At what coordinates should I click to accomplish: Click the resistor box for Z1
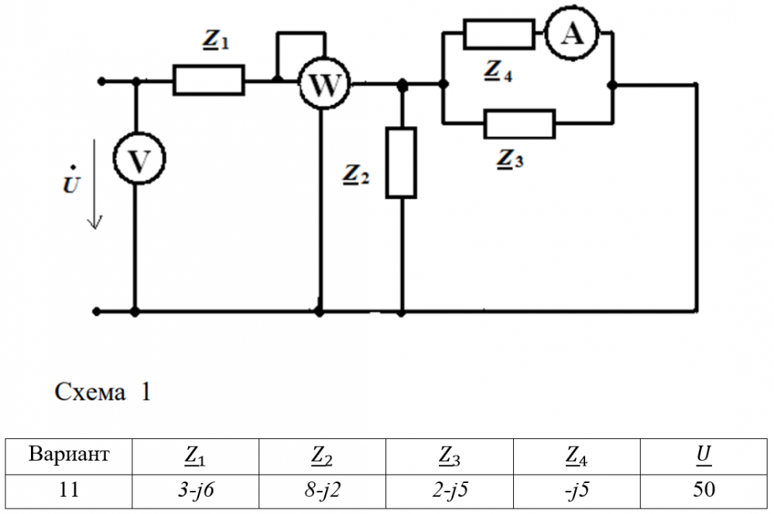(x=208, y=80)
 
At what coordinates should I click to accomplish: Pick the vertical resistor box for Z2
(x=402, y=163)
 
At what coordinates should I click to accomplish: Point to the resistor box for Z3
(x=519, y=124)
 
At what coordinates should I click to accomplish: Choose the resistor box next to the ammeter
(x=499, y=35)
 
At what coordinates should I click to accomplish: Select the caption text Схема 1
(x=103, y=392)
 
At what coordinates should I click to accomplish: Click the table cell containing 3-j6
(x=195, y=489)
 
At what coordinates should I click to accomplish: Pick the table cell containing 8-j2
(x=321, y=489)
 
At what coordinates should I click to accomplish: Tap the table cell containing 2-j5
(x=449, y=489)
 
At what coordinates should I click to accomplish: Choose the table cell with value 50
(x=703, y=489)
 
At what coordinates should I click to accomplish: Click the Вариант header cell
(x=69, y=455)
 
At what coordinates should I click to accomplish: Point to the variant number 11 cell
(x=69, y=489)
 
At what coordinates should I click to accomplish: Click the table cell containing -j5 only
(x=575, y=489)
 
